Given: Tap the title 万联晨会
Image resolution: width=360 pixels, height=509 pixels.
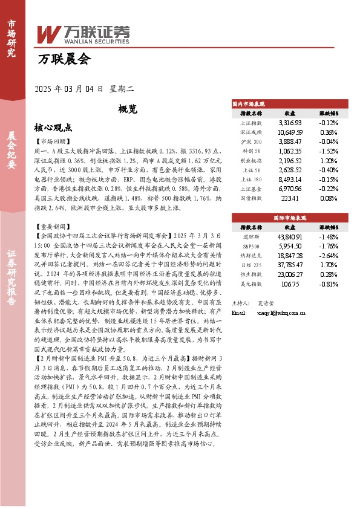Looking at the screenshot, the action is (64, 60).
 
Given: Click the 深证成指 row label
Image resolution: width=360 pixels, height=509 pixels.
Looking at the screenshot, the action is (250, 132).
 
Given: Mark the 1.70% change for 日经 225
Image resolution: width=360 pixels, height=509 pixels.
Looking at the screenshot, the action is (329, 265).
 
